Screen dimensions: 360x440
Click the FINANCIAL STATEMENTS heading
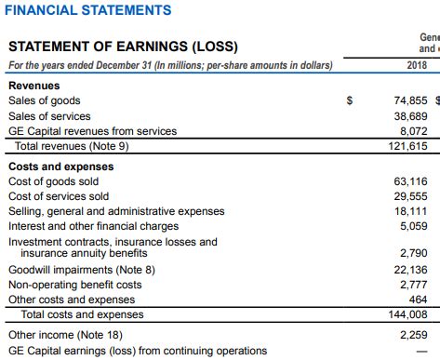(x=87, y=10)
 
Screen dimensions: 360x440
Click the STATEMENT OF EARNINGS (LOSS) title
(x=122, y=47)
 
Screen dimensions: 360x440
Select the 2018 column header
(x=417, y=66)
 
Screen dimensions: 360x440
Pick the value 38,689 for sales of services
(x=410, y=116)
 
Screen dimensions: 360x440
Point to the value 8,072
(x=413, y=131)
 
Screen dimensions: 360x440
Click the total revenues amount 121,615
(x=407, y=146)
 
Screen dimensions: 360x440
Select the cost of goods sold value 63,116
(x=410, y=181)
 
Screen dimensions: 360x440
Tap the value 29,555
(x=410, y=196)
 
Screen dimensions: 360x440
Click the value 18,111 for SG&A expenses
(x=410, y=211)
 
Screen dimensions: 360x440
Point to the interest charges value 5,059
(x=413, y=225)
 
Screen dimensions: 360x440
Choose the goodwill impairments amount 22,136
(x=410, y=270)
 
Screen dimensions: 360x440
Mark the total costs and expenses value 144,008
(x=407, y=314)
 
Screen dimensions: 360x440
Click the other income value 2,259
(x=413, y=335)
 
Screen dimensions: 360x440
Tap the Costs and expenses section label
(x=60, y=167)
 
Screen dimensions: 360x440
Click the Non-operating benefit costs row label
(x=75, y=285)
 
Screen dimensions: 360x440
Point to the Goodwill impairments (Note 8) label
(x=82, y=270)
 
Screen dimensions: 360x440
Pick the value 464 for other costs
(x=418, y=300)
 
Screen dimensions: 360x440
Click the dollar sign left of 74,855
(x=349, y=100)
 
